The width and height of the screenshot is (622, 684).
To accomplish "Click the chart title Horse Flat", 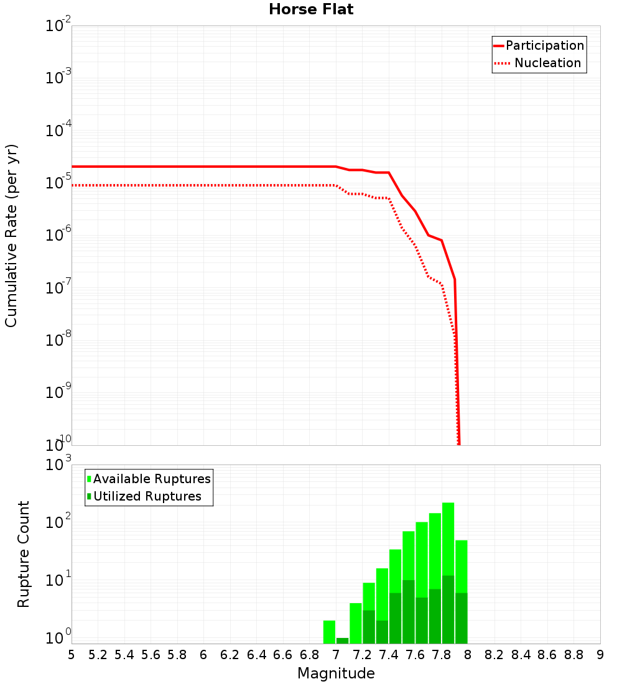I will [311, 9].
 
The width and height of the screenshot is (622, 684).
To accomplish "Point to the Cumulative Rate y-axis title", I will [11, 236].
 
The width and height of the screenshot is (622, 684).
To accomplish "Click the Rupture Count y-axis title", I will [24, 553].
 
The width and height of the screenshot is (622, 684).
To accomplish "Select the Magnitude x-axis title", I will [336, 673].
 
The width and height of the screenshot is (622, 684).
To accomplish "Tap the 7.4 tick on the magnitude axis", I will [389, 655].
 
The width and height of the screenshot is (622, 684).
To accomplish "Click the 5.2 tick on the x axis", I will [98, 655].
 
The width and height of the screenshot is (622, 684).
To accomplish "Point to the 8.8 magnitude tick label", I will [573, 655].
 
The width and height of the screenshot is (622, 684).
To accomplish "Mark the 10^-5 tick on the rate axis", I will [58, 183].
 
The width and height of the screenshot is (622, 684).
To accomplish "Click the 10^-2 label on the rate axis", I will [58, 26].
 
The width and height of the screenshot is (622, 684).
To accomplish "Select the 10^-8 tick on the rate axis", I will [58, 340].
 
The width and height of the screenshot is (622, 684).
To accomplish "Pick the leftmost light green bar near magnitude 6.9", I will [329, 631].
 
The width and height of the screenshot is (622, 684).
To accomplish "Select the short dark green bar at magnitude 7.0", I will [342, 640].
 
